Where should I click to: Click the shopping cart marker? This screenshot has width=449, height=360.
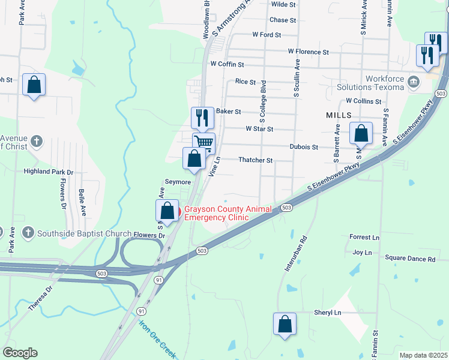(x=203, y=143)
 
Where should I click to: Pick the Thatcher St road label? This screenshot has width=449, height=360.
(x=256, y=160)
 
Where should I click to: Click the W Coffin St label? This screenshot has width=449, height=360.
(x=227, y=64)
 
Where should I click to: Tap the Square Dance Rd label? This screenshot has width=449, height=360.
(x=410, y=259)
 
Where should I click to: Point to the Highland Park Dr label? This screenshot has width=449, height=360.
(x=48, y=172)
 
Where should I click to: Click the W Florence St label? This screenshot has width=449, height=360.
(x=308, y=52)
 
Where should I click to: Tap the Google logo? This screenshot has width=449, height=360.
(x=20, y=352)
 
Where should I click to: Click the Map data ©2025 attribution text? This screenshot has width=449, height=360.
(x=423, y=355)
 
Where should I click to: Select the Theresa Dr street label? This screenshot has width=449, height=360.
(x=41, y=298)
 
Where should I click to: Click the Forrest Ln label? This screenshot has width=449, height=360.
(x=364, y=238)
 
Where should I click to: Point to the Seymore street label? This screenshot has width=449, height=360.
(x=178, y=182)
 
